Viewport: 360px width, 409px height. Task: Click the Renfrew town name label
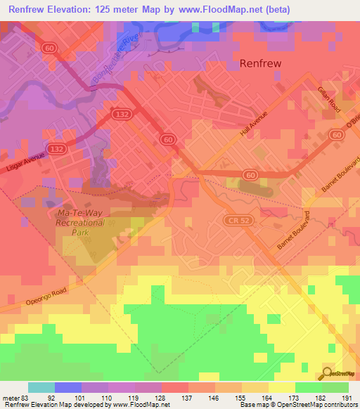point(261,63)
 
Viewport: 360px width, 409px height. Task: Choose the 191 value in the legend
point(347,397)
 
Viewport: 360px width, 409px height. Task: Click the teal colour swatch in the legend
point(41,387)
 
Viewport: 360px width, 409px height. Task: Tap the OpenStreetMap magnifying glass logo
point(327,372)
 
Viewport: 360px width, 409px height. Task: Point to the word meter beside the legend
point(10,397)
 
